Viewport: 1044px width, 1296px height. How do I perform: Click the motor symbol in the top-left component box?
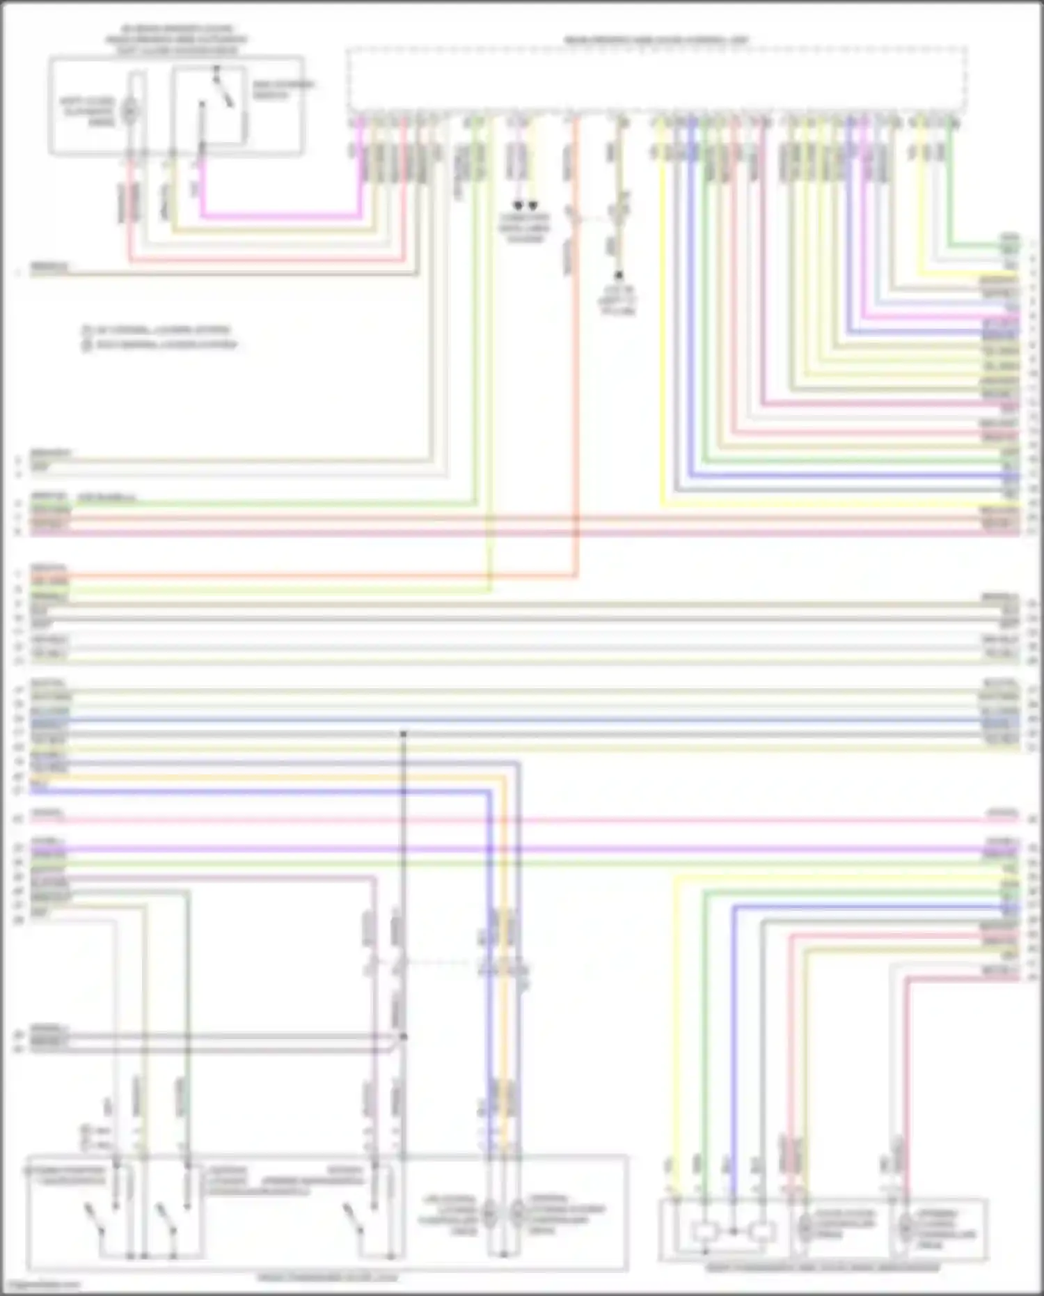(x=130, y=110)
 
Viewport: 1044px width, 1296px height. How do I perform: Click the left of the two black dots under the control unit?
(x=518, y=205)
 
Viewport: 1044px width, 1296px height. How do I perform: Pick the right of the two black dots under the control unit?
(x=532, y=205)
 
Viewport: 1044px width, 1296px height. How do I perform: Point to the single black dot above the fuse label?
(x=617, y=276)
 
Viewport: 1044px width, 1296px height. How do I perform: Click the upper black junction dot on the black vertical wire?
(x=403, y=733)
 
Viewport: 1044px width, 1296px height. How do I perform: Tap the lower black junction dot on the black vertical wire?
(x=403, y=1037)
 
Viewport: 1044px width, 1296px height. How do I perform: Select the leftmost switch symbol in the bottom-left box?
(x=93, y=1217)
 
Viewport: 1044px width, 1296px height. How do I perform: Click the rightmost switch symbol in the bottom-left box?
(x=354, y=1217)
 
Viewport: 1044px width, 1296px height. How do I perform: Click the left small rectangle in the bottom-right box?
(x=704, y=1231)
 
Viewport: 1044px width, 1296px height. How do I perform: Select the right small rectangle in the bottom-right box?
(x=762, y=1231)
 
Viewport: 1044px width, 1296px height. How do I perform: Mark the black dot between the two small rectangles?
(x=733, y=1231)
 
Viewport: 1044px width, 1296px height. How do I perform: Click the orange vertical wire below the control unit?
(x=576, y=418)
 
